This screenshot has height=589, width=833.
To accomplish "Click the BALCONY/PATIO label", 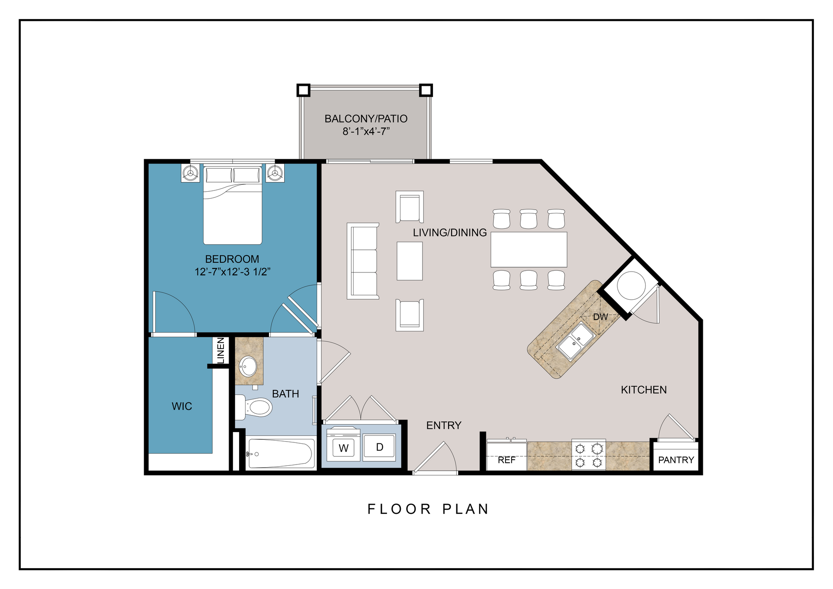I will (x=366, y=119).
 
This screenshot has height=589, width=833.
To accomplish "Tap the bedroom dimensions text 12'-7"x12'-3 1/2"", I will (x=233, y=272).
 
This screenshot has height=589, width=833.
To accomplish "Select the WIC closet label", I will (x=182, y=406).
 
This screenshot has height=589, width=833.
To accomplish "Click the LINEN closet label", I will (x=221, y=350).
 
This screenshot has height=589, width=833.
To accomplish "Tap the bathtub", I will (x=280, y=454).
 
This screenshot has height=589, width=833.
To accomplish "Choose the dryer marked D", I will (x=379, y=447).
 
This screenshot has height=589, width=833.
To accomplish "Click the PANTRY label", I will (x=676, y=460).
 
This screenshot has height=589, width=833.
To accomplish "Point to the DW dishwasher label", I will (x=600, y=317).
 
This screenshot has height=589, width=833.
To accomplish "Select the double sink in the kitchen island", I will (x=576, y=341).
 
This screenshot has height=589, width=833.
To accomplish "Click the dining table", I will (x=528, y=249).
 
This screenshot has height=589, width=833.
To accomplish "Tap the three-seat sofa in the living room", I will (x=363, y=261).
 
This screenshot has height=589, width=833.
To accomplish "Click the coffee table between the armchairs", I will (x=410, y=261).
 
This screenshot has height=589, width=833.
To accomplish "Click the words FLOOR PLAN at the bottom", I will (x=428, y=509).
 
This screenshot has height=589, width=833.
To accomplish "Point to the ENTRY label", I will (x=443, y=425).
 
